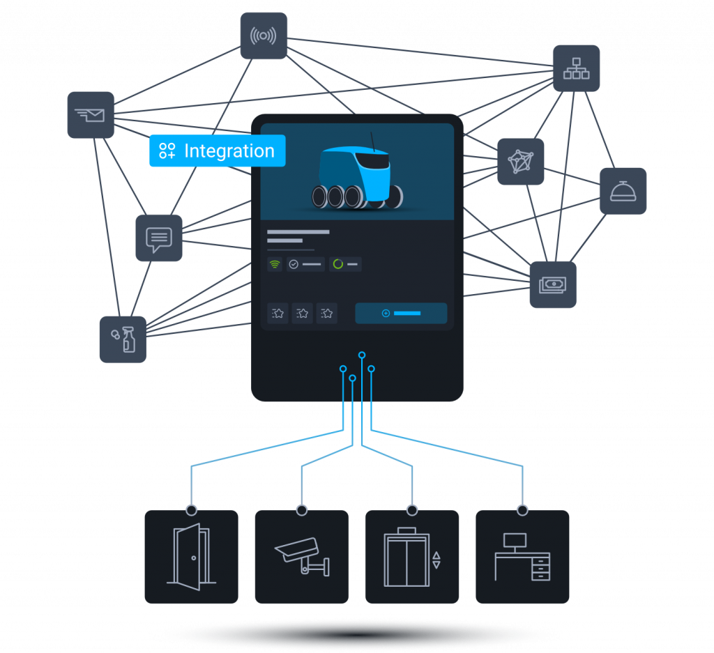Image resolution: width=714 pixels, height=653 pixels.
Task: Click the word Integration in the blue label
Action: tap(229, 151)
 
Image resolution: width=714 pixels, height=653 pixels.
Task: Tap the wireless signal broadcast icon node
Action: tap(264, 36)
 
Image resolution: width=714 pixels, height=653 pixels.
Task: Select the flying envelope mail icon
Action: tap(91, 114)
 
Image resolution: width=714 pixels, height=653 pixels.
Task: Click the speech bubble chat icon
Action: tap(159, 238)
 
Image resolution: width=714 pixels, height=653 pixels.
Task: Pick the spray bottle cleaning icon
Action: tap(123, 339)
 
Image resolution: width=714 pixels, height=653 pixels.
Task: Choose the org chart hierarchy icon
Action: tap(576, 68)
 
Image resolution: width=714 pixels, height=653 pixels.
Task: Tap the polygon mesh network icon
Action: tap(520, 162)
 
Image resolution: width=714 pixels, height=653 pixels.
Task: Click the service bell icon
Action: tap(623, 191)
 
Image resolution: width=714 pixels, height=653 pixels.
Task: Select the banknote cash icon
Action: tap(553, 285)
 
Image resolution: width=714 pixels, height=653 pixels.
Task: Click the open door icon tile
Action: tap(191, 556)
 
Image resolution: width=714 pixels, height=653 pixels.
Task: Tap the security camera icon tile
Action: tap(301, 556)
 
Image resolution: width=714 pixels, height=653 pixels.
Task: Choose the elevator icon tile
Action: tap(411, 556)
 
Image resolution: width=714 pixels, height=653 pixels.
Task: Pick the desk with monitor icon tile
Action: tap(522, 556)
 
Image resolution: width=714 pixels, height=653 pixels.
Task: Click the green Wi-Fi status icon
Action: tap(275, 265)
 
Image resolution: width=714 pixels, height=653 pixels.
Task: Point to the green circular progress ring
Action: tap(338, 265)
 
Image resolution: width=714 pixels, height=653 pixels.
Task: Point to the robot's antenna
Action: tap(372, 140)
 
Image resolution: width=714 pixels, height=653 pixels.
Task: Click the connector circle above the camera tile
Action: tap(301, 510)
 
